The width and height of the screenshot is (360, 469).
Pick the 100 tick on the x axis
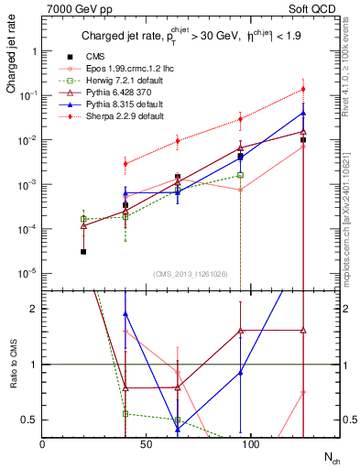pyautogui.click(x=199, y=443)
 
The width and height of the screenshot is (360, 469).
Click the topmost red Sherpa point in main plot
pyautogui.click(x=302, y=89)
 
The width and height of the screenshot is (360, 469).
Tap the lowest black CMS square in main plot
pyautogui.click(x=83, y=251)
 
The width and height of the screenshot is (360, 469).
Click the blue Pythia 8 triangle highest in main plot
pyautogui.click(x=302, y=114)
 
